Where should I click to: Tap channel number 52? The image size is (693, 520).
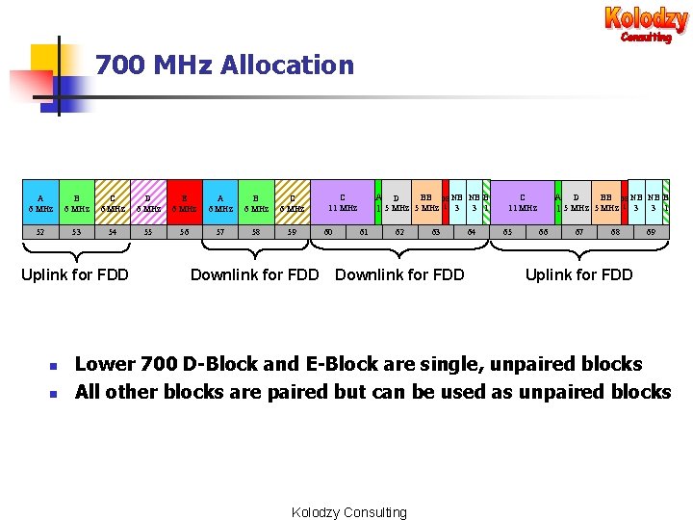pyautogui.click(x=39, y=232)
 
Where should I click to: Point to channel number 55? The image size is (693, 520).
pyautogui.click(x=147, y=232)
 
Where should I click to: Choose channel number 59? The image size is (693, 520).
pyautogui.click(x=292, y=232)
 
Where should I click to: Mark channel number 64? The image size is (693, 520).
pyautogui.click(x=472, y=232)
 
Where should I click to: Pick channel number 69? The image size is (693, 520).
pyautogui.click(x=652, y=232)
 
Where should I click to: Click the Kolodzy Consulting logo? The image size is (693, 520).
pyautogui.click(x=646, y=23)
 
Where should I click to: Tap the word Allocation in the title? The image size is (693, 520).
pyautogui.click(x=287, y=65)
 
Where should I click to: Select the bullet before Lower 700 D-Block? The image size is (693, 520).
pyautogui.click(x=55, y=366)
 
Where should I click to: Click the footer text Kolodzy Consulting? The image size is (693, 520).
pyautogui.click(x=348, y=512)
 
